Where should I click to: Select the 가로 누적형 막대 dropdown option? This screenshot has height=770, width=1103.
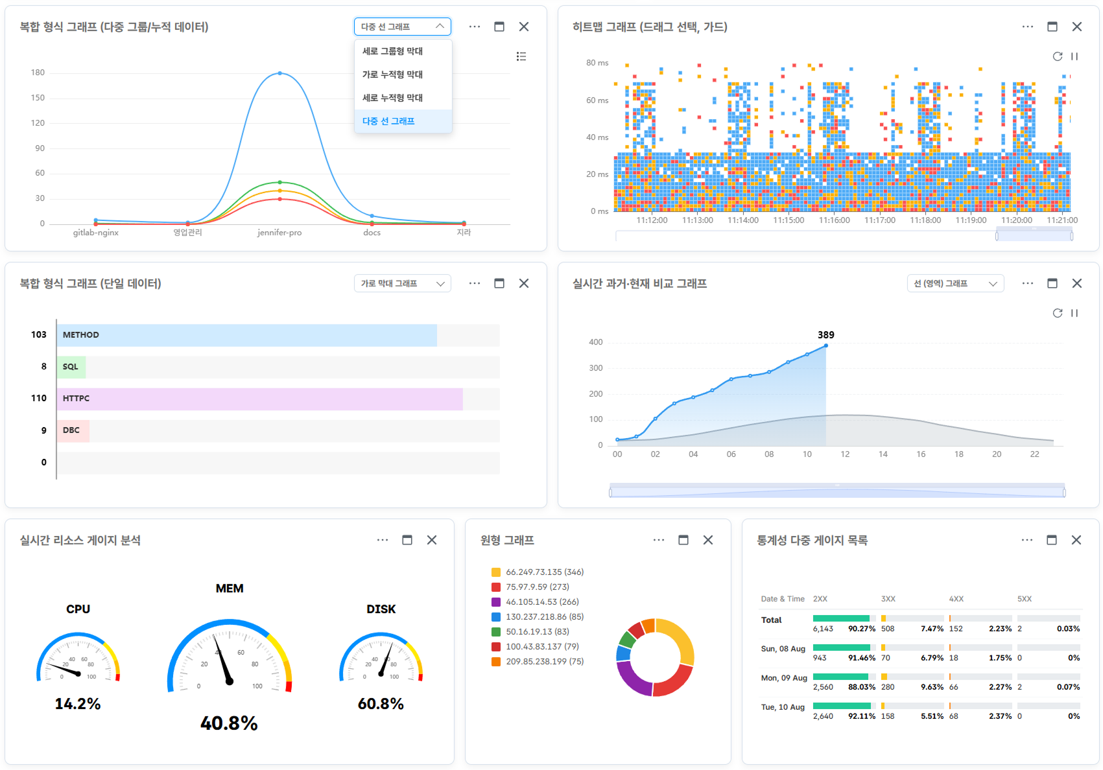pyautogui.click(x=392, y=75)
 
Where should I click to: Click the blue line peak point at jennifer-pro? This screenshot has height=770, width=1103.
pyautogui.click(x=279, y=73)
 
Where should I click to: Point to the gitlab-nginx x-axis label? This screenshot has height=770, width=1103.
pyautogui.click(x=96, y=233)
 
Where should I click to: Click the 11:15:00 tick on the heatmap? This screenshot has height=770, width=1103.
pyautogui.click(x=789, y=220)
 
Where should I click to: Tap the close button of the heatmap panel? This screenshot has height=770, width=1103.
pyautogui.click(x=1076, y=27)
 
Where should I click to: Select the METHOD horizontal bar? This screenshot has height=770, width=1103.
pyautogui.click(x=246, y=335)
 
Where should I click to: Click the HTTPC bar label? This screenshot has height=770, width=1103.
pyautogui.click(x=76, y=399)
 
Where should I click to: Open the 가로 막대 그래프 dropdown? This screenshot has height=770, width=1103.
pyautogui.click(x=402, y=283)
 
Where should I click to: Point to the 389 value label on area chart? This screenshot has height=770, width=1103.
pyautogui.click(x=825, y=335)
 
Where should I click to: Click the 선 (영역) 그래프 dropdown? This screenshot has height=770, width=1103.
pyautogui.click(x=955, y=283)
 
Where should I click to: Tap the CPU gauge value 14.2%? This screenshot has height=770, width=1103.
pyautogui.click(x=78, y=704)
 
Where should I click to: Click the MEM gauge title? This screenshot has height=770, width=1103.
pyautogui.click(x=230, y=589)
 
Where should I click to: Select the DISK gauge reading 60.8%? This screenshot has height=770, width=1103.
pyautogui.click(x=381, y=704)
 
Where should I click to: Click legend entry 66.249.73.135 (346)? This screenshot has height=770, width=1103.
pyautogui.click(x=544, y=572)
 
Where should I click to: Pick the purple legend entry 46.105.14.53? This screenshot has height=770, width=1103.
pyautogui.click(x=541, y=602)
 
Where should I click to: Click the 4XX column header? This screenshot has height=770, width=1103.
pyautogui.click(x=956, y=599)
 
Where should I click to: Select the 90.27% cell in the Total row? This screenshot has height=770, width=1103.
pyautogui.click(x=862, y=629)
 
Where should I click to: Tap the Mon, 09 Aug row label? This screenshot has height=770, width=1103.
pyautogui.click(x=784, y=678)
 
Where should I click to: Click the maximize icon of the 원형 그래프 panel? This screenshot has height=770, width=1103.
pyautogui.click(x=683, y=540)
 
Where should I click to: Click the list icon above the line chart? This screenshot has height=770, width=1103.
pyautogui.click(x=521, y=56)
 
